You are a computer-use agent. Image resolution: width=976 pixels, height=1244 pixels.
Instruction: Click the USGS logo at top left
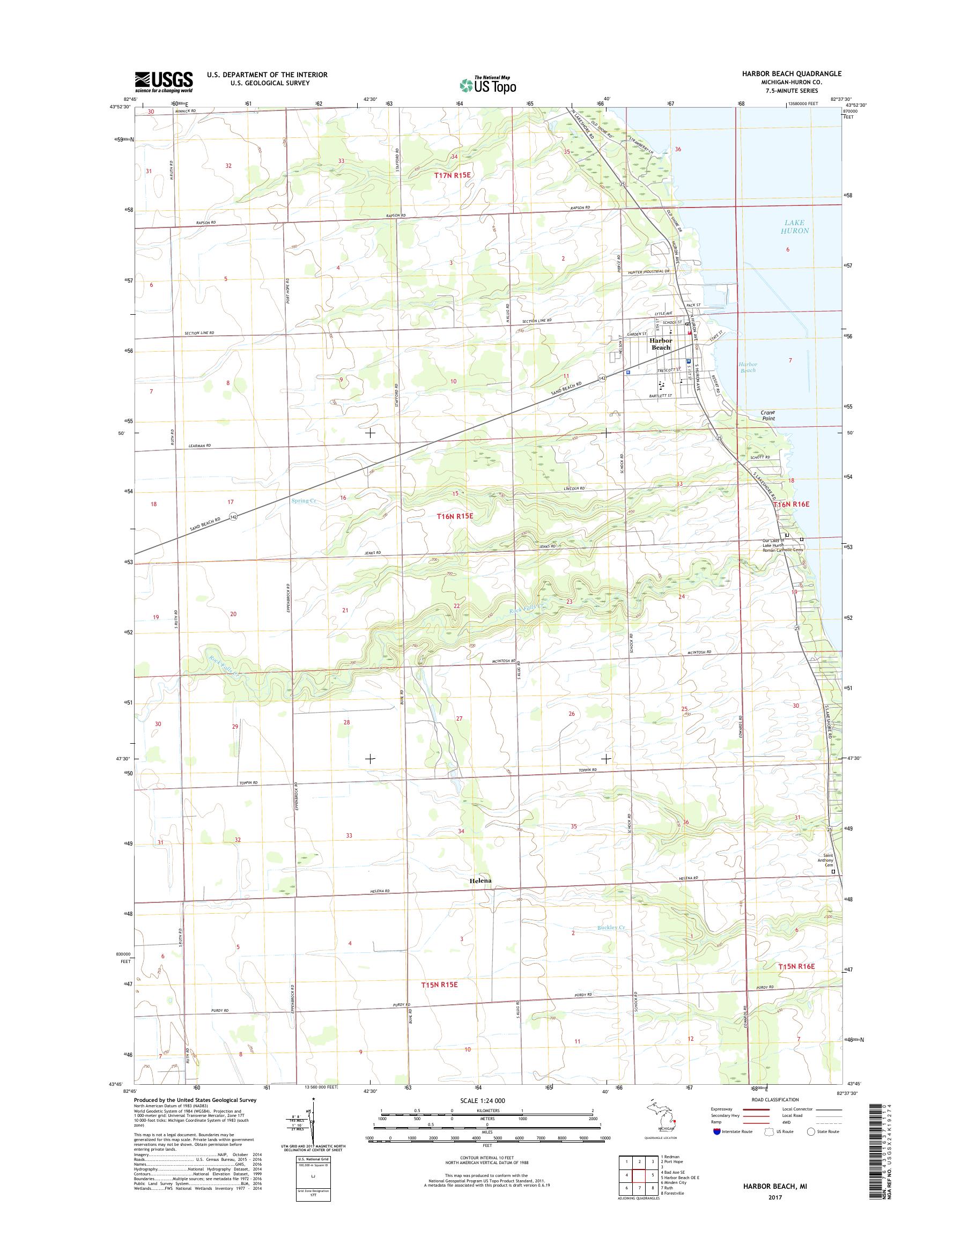(x=164, y=82)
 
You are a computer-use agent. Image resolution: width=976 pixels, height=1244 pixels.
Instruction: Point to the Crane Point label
(x=768, y=415)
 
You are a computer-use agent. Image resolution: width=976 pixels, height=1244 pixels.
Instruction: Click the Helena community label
(x=480, y=897)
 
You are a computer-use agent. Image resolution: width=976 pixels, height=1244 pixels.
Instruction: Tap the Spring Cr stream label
(x=304, y=501)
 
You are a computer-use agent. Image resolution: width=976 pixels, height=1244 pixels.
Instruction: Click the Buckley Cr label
(x=611, y=928)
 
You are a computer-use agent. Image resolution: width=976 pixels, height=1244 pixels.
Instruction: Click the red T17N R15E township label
(x=453, y=175)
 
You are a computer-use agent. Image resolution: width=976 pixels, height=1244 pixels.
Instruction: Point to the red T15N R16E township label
(x=795, y=966)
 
